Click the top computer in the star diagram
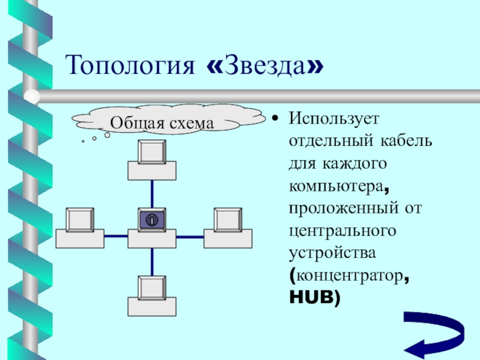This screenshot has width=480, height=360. pyautogui.click(x=152, y=160)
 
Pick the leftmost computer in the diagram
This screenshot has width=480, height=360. pyautogui.click(x=80, y=229)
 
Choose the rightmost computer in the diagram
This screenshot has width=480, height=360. pyautogui.click(x=228, y=229)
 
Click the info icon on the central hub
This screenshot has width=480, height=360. pyautogui.click(x=152, y=220)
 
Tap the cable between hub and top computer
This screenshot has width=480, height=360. pyautogui.click(x=152, y=194)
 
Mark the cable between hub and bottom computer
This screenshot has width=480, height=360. pyautogui.click(x=152, y=262)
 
